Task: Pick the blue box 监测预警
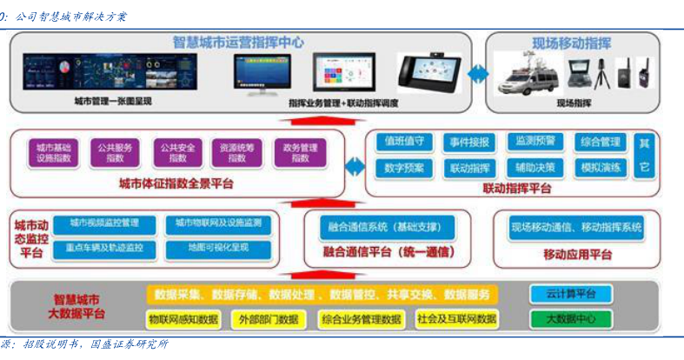[x=539, y=142]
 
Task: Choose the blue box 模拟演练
[x=601, y=168]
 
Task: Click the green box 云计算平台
[x=571, y=294]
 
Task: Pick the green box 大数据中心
[x=571, y=319]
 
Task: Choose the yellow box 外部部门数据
[x=268, y=319]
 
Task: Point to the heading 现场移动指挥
[x=571, y=43]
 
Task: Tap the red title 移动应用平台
[x=577, y=254]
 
